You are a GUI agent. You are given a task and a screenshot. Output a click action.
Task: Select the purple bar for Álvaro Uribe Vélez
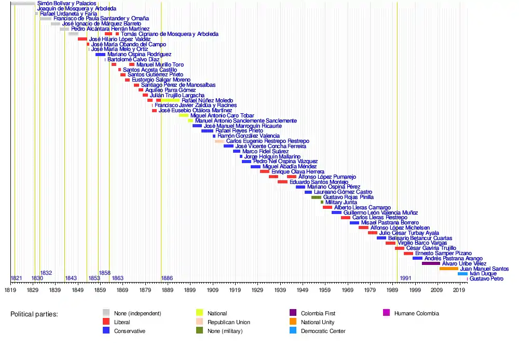coord(431,263)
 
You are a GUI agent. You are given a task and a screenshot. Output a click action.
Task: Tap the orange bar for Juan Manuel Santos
coord(448,269)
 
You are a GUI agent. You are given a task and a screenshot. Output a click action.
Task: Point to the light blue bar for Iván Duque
coord(462,274)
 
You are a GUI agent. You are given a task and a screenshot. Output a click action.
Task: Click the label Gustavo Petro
coord(486,279)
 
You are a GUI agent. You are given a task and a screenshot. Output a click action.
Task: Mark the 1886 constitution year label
coord(167,278)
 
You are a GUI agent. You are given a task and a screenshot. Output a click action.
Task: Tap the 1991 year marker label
coord(405,278)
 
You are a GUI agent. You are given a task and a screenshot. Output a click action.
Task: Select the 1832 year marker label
coord(46,273)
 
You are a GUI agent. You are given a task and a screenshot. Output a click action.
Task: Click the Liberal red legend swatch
coord(106,322)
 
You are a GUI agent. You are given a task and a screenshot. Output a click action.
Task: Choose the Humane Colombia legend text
coord(416,313)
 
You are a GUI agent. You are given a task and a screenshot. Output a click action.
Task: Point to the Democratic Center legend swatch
coord(293,331)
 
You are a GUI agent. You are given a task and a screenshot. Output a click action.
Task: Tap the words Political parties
coord(34,314)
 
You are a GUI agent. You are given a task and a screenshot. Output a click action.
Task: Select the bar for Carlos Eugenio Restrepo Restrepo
coord(220,141)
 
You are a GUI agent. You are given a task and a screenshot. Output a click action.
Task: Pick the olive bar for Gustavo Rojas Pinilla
coord(316,197)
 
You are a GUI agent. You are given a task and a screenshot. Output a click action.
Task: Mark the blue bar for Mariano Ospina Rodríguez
coord(100,55)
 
